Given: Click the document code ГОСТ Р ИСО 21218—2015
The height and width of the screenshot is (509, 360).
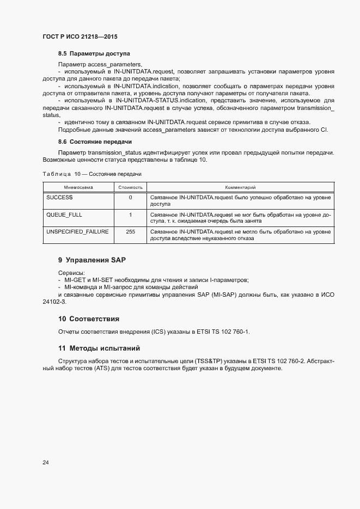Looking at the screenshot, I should tap(80, 36).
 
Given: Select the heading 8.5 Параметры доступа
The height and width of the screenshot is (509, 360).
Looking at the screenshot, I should tap(94, 54).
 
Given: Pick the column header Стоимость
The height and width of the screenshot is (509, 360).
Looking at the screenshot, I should tap(130, 187).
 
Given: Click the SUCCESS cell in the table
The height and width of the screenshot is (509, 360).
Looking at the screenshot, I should tap(60, 197).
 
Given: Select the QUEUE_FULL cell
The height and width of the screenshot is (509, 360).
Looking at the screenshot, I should tap(64, 214).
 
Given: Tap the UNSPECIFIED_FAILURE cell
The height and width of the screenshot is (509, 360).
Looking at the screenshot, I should tap(77, 232).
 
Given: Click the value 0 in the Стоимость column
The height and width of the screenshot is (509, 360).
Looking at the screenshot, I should tap(130, 197).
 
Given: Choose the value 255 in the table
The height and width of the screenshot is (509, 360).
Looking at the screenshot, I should tap(130, 232).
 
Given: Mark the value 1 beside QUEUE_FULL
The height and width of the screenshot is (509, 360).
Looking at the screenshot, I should tap(130, 214).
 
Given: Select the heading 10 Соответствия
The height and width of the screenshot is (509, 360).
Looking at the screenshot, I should tap(89, 318).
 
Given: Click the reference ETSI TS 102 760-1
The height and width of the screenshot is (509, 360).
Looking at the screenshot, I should tap(222, 332).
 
